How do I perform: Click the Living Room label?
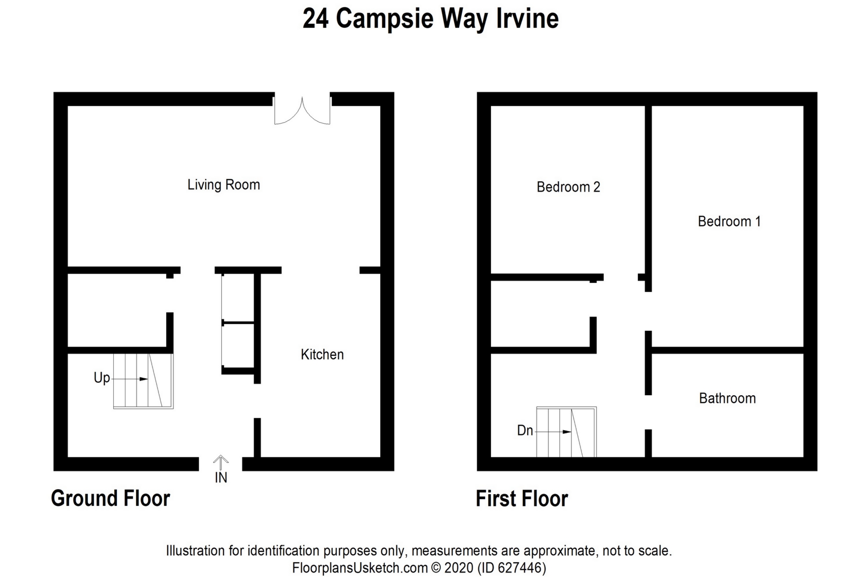coord(224,185)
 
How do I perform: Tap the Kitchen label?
coord(322,355)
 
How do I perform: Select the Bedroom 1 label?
coord(729,221)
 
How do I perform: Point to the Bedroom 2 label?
coord(568,187)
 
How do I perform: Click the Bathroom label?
coord(727,398)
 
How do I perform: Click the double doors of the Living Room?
coord(302,110)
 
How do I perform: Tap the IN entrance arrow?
coord(220,462)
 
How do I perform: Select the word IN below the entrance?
coord(221,478)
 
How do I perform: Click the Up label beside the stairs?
coord(102,378)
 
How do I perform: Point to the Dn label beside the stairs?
coord(525,431)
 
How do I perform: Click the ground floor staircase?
coord(143,381)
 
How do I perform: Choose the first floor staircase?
coord(567,432)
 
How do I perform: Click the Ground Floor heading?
coord(111,498)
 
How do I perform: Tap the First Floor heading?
coord(522,498)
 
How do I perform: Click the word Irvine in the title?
coord(527,19)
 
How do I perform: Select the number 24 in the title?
coord(316,19)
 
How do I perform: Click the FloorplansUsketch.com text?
coord(360,568)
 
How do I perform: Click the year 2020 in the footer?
coord(459,568)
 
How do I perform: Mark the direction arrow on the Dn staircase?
coord(553,432)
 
